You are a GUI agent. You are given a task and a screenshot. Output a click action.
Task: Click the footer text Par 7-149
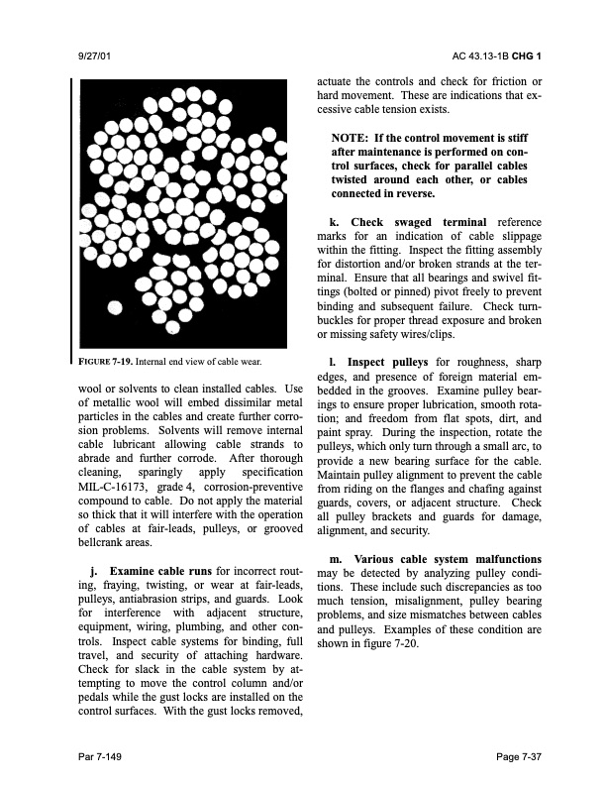pyautogui.click(x=101, y=756)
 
